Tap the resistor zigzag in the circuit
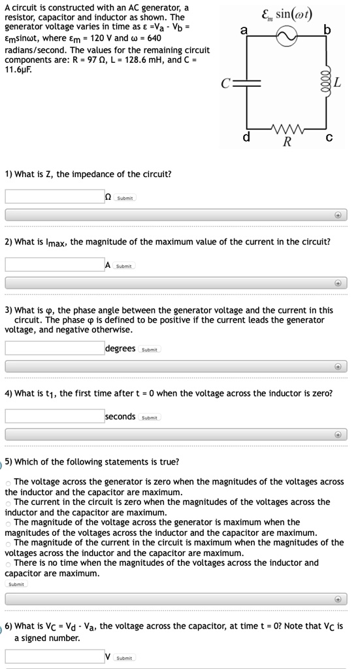point(287,127)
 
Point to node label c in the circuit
point(329,138)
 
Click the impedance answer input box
point(54,196)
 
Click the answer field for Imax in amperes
point(54,265)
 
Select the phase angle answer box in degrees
point(54,348)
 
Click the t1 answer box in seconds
point(54,416)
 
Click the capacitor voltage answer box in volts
point(54,656)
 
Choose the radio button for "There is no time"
point(8,563)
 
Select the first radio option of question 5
point(8,482)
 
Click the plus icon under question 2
point(338,283)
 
